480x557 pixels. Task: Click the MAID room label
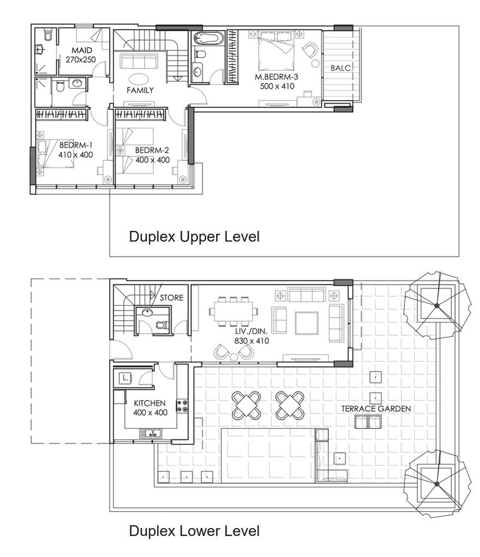click(82, 50)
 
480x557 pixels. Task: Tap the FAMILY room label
click(140, 90)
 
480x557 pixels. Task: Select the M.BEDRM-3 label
click(276, 77)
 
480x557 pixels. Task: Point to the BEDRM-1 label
click(76, 145)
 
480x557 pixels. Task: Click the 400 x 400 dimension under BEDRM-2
click(152, 160)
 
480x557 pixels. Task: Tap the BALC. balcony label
click(341, 68)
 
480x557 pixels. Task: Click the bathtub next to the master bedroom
click(208, 38)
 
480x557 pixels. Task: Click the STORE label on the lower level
click(172, 297)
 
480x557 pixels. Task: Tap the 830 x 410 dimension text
click(251, 341)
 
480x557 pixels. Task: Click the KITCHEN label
click(149, 403)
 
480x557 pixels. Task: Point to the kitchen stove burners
click(182, 406)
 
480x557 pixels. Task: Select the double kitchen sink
click(151, 433)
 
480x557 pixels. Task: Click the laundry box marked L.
click(125, 378)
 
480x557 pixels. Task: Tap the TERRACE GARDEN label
click(376, 409)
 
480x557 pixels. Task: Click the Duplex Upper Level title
click(194, 237)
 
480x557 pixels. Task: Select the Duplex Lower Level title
click(194, 531)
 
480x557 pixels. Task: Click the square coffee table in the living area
click(307, 323)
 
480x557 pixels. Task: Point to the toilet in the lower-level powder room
click(163, 325)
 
